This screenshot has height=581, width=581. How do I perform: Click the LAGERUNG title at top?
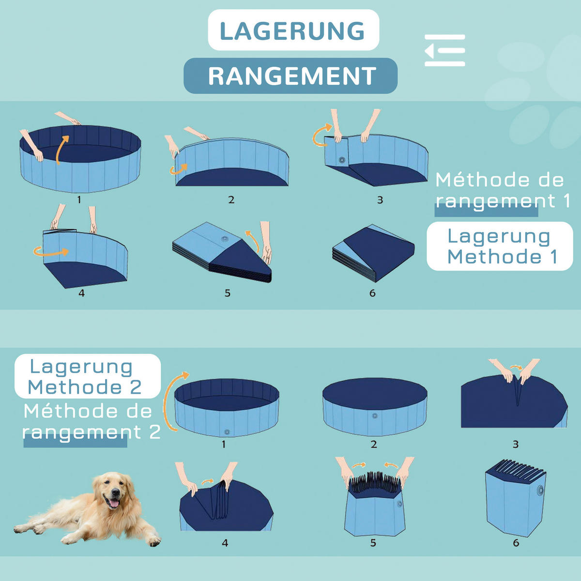pyautogui.click(x=293, y=31)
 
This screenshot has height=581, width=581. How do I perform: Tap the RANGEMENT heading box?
pyautogui.click(x=290, y=76)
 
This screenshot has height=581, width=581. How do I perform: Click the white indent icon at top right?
pyautogui.click(x=444, y=50)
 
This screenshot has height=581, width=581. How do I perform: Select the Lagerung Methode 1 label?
pyautogui.click(x=500, y=246)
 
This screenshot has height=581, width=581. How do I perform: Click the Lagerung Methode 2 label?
pyautogui.click(x=85, y=377)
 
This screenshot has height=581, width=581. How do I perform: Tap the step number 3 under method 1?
pyautogui.click(x=380, y=199)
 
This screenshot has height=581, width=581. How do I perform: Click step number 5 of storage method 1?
pyautogui.click(x=228, y=293)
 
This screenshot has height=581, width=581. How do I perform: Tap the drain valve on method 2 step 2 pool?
pyautogui.click(x=374, y=416)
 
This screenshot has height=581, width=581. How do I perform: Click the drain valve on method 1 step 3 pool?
pyautogui.click(x=342, y=160)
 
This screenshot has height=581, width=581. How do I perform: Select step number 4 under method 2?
pyautogui.click(x=225, y=543)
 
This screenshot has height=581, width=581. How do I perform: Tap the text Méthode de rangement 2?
pyautogui.click(x=90, y=422)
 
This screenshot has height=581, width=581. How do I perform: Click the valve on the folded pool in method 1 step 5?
pyautogui.click(x=224, y=239)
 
